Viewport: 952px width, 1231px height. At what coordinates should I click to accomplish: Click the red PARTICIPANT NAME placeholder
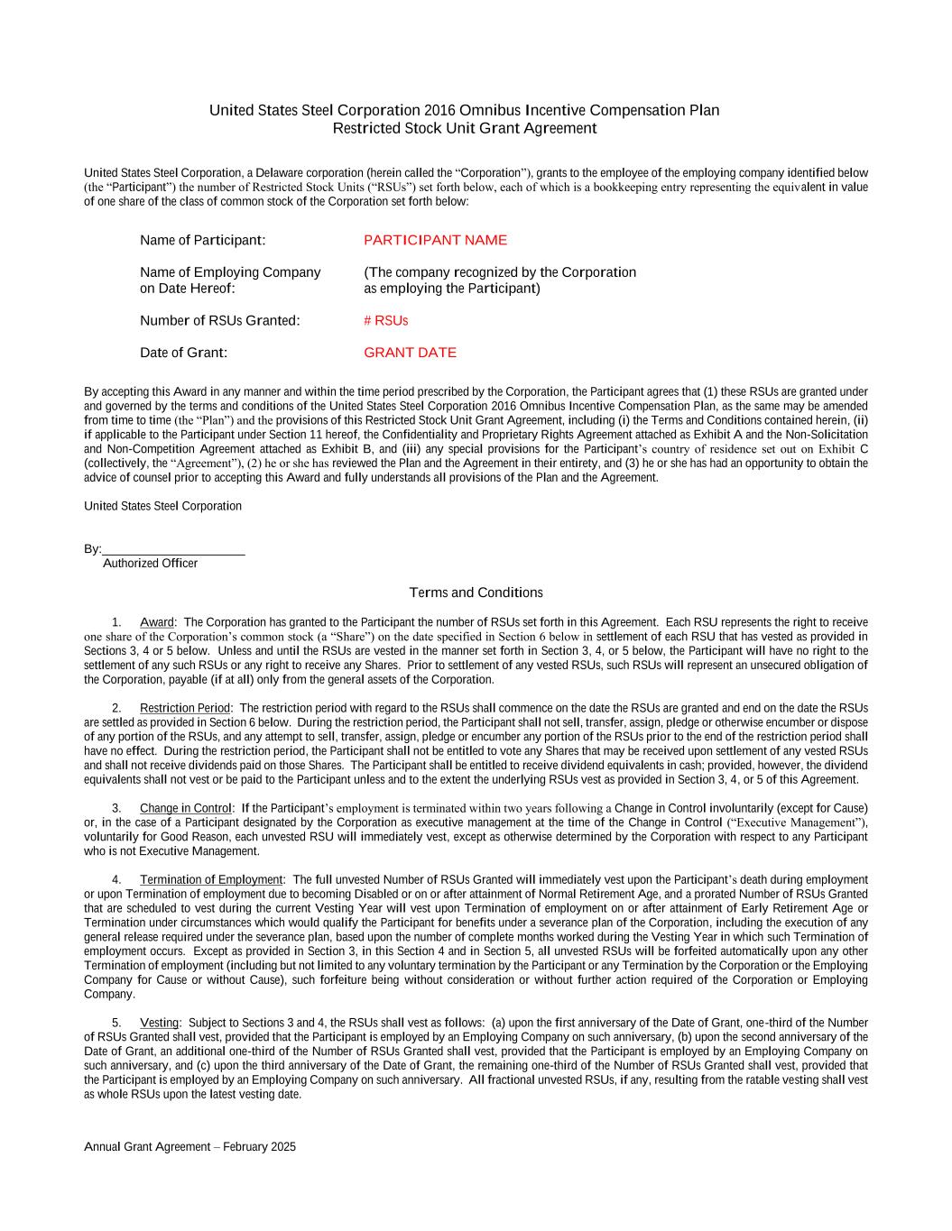(x=435, y=240)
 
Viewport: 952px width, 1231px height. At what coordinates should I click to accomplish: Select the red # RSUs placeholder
(x=385, y=321)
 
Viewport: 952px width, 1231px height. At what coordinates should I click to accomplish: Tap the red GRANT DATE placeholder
(x=410, y=353)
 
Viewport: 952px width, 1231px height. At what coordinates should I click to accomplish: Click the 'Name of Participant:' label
(x=202, y=240)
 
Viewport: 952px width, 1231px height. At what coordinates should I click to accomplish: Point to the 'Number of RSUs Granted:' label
(x=219, y=321)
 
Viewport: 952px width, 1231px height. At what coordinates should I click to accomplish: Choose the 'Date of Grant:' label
(x=183, y=353)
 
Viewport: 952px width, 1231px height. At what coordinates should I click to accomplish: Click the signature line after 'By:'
(x=173, y=549)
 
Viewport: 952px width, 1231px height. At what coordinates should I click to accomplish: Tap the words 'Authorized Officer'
(x=150, y=564)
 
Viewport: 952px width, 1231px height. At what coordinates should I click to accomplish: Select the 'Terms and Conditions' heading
(x=476, y=593)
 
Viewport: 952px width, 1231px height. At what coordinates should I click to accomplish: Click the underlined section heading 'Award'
(x=157, y=622)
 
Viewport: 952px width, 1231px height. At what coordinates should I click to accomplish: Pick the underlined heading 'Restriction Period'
(x=185, y=709)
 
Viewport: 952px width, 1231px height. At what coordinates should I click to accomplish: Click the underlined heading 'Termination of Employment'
(x=211, y=879)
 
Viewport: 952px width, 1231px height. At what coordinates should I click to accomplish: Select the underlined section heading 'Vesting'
(x=160, y=1023)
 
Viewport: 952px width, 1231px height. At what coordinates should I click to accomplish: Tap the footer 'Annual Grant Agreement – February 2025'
(x=189, y=1147)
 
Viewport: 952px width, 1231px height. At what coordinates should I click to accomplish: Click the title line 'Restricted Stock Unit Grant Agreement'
(x=465, y=128)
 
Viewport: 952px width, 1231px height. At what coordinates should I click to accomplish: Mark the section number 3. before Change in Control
(x=116, y=808)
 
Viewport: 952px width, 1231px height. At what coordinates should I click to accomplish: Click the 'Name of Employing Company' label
(x=230, y=272)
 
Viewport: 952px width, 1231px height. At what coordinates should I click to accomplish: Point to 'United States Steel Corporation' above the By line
(x=162, y=506)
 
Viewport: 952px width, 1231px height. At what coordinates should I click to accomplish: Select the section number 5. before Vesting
(x=116, y=1023)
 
